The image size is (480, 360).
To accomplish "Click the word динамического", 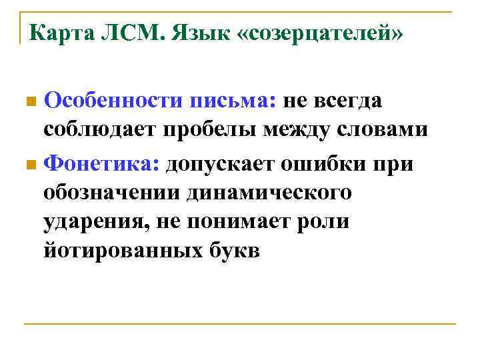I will [x=269, y=192].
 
